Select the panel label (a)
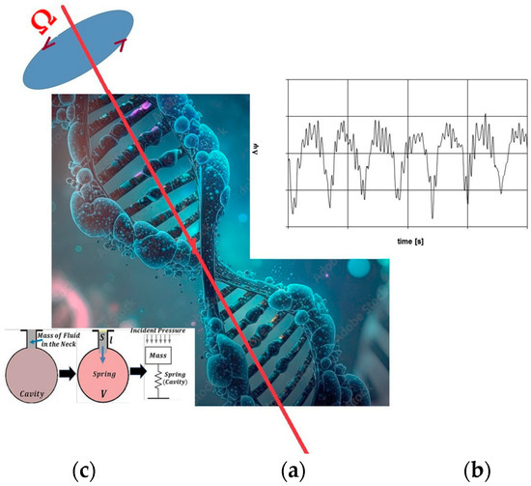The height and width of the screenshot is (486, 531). [x=292, y=471]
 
